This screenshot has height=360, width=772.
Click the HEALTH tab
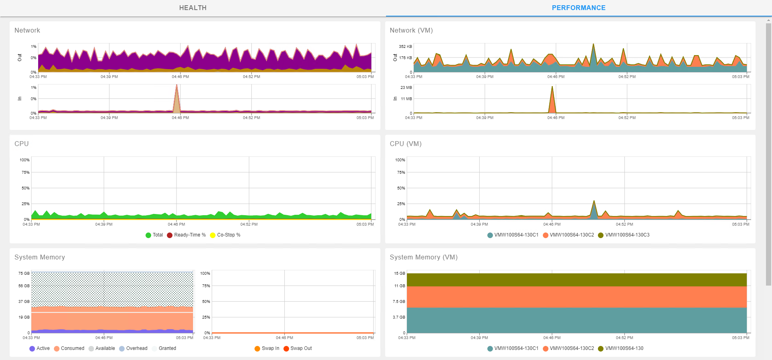click(x=193, y=8)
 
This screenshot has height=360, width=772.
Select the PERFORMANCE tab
click(x=578, y=8)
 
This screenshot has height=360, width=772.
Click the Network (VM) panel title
click(x=411, y=31)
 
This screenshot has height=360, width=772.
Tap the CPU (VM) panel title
click(x=405, y=144)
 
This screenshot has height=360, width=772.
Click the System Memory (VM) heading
click(x=423, y=257)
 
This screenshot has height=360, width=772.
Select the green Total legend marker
click(x=148, y=235)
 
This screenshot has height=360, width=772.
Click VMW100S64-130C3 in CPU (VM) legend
click(x=627, y=235)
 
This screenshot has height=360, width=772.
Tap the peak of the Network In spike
click(x=177, y=85)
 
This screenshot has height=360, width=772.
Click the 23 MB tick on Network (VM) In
click(x=406, y=88)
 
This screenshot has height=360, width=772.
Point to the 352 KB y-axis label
click(x=405, y=47)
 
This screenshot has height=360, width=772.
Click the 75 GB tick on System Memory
click(x=24, y=274)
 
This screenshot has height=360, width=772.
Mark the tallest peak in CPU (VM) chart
click(x=594, y=201)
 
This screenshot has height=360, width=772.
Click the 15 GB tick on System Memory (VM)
click(x=399, y=274)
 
